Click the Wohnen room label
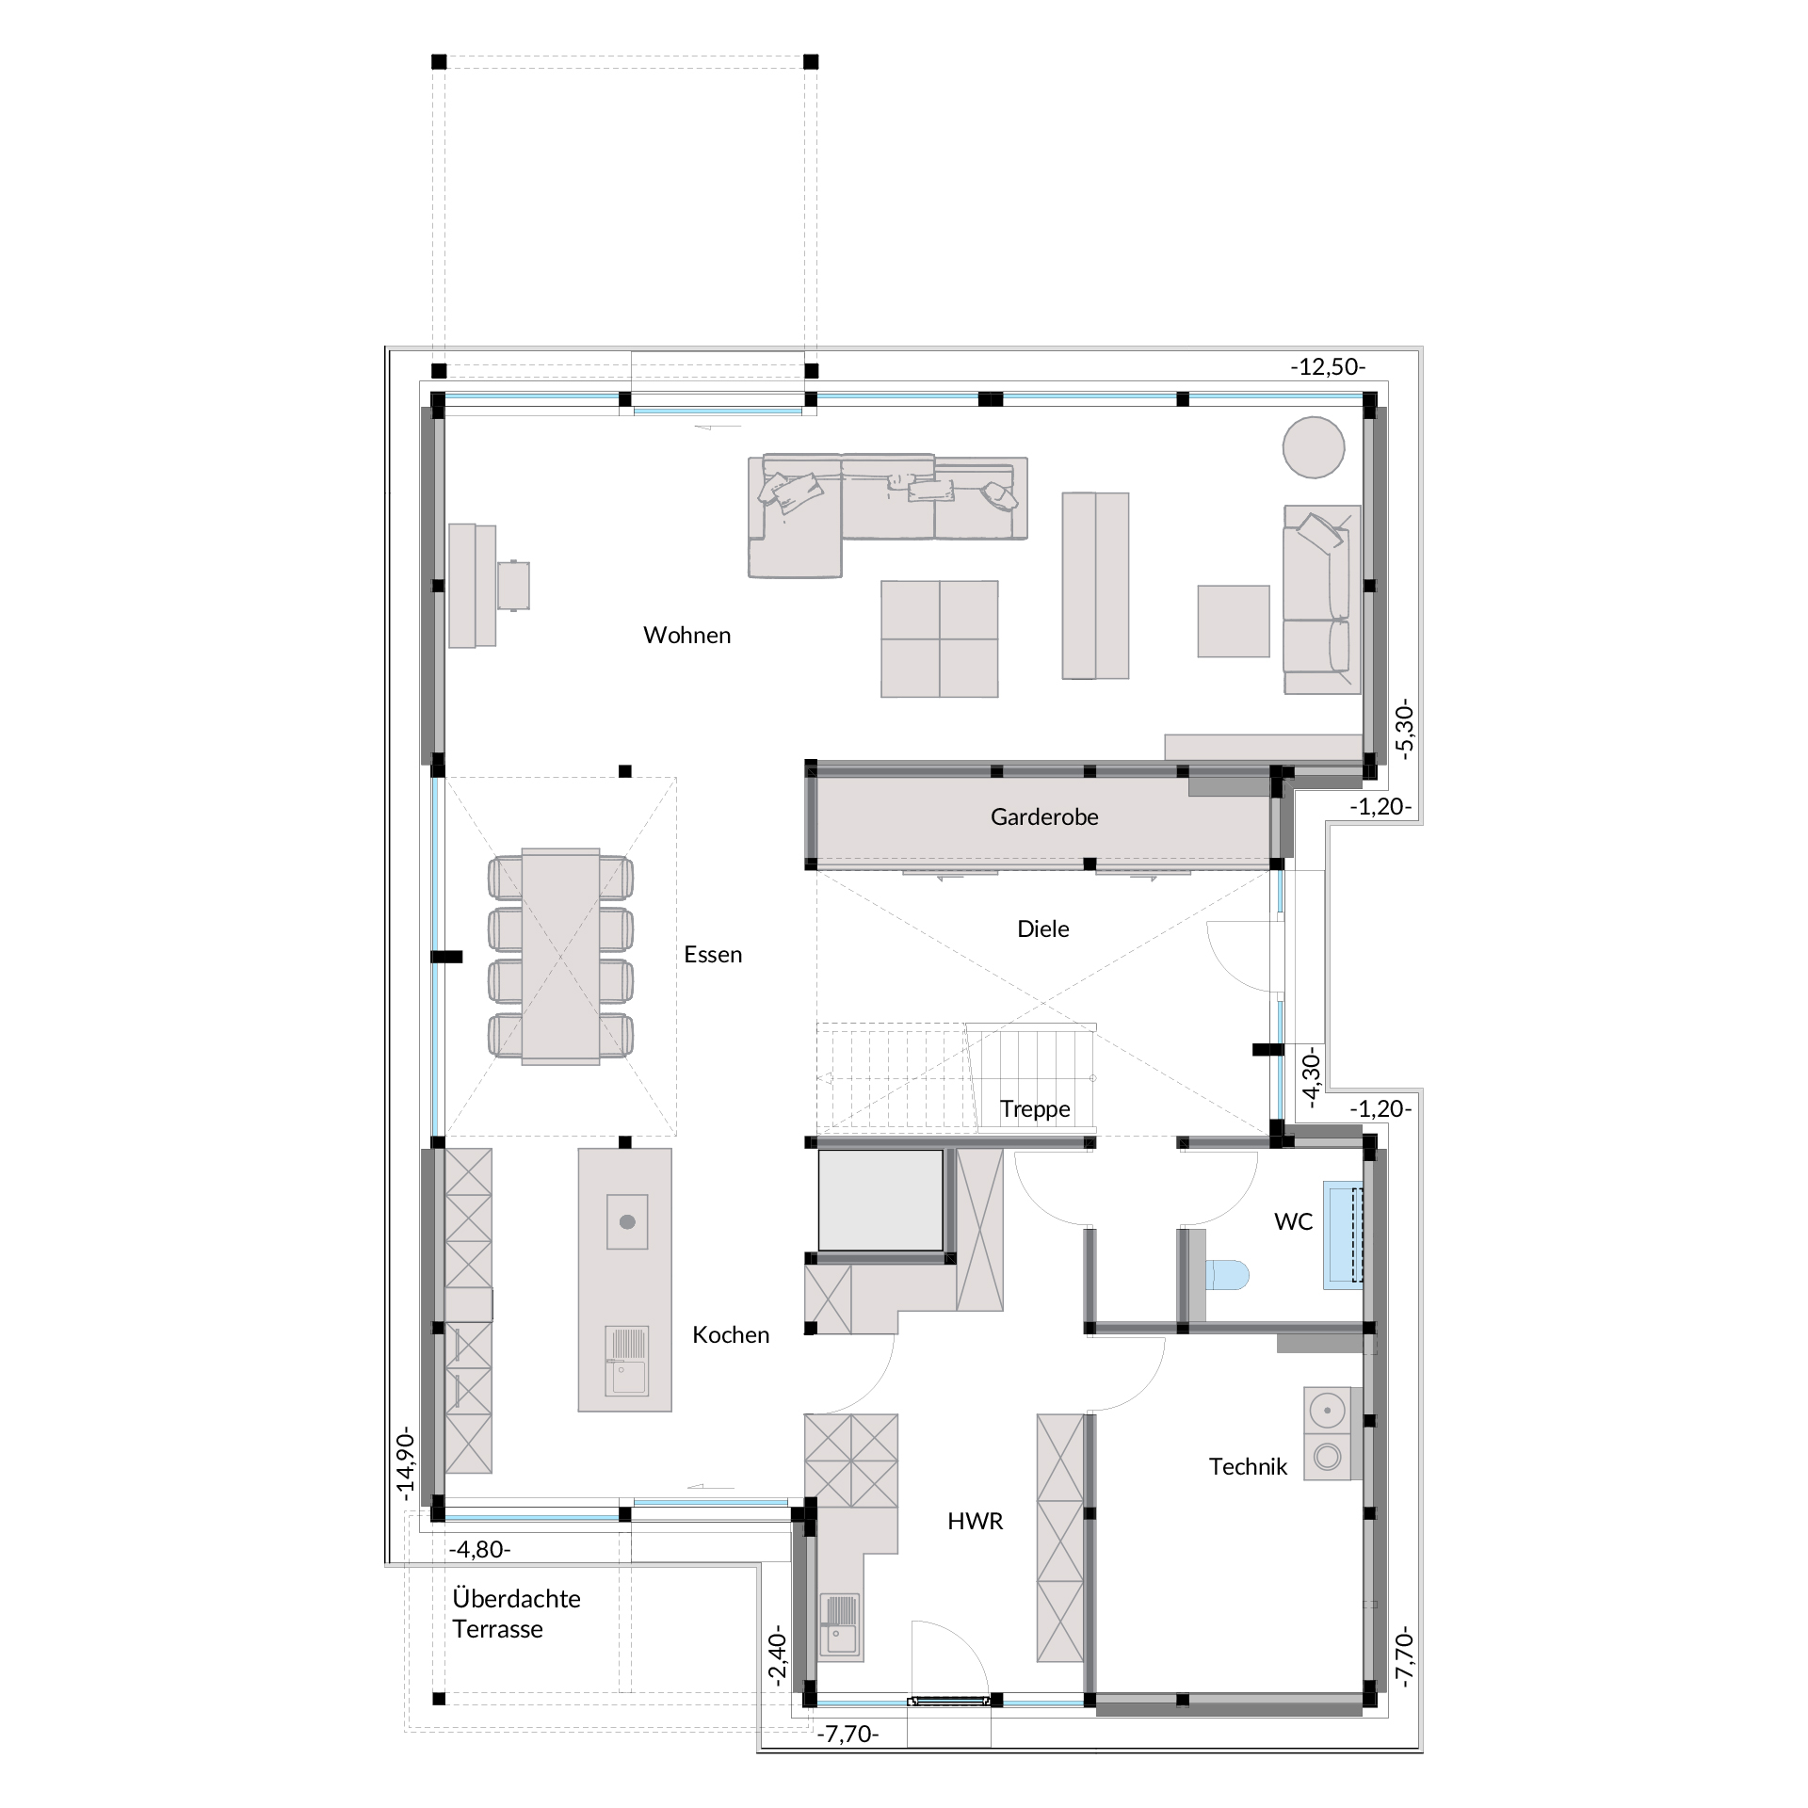tap(686, 636)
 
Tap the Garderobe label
tap(1044, 817)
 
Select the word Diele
tap(1043, 929)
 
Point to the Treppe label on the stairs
tap(1035, 1109)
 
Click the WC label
tap(1293, 1222)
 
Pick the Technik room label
tap(1248, 1466)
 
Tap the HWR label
tap(976, 1521)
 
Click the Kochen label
tap(731, 1334)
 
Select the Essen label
tap(713, 955)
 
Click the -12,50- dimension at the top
tap(1328, 366)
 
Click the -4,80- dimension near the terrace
tap(480, 1549)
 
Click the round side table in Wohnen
tap(1314, 447)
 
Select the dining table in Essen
tap(560, 956)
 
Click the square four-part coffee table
tap(940, 638)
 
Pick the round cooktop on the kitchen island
tap(627, 1222)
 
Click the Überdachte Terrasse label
tap(516, 1614)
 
